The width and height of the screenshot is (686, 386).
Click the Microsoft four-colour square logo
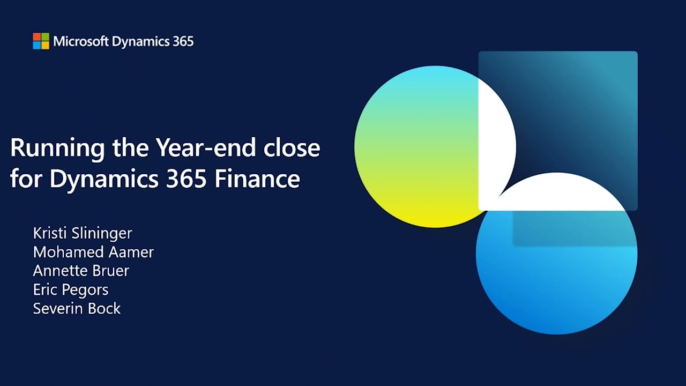point(41,41)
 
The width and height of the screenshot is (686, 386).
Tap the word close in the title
point(292,147)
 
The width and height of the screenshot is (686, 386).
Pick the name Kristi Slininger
point(83,233)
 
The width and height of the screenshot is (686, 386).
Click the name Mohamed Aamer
point(93,252)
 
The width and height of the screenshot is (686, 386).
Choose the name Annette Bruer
point(81,271)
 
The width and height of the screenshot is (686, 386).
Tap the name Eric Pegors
point(71,289)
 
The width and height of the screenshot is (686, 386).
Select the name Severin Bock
point(77,308)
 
